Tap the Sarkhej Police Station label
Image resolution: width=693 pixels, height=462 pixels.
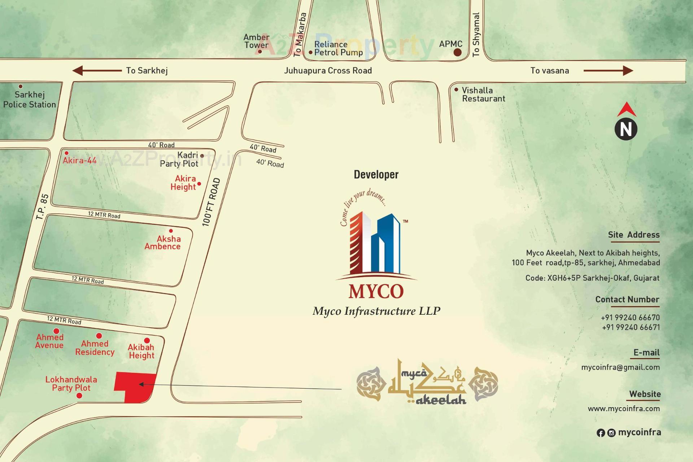(x=30, y=100)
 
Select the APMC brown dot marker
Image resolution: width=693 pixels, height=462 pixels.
(x=457, y=53)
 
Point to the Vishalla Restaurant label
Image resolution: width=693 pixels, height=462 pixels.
(x=483, y=95)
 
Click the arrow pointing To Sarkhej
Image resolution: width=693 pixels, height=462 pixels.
(x=97, y=71)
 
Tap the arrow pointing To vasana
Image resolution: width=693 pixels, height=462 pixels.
(x=608, y=71)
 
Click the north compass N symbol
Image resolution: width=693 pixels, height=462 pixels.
(x=626, y=129)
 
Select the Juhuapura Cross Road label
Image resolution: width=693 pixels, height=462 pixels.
(x=328, y=71)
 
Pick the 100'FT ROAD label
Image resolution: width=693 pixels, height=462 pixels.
(x=211, y=202)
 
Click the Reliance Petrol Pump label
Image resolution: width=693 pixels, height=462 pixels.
(x=338, y=48)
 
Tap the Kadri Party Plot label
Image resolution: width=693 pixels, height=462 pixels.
(x=179, y=159)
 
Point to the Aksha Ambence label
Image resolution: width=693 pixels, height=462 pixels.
(x=163, y=243)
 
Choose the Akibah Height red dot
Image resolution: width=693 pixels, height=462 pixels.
(x=147, y=340)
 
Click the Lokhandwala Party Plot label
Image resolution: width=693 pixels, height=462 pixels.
(x=71, y=384)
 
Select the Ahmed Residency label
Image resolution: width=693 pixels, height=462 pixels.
(x=95, y=348)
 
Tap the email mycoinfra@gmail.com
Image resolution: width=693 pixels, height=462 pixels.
(x=620, y=367)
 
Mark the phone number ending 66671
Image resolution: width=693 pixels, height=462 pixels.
(x=631, y=327)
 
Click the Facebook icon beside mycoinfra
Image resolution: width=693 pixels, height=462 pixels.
(x=601, y=433)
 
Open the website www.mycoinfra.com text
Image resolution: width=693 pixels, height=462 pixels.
(x=624, y=409)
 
